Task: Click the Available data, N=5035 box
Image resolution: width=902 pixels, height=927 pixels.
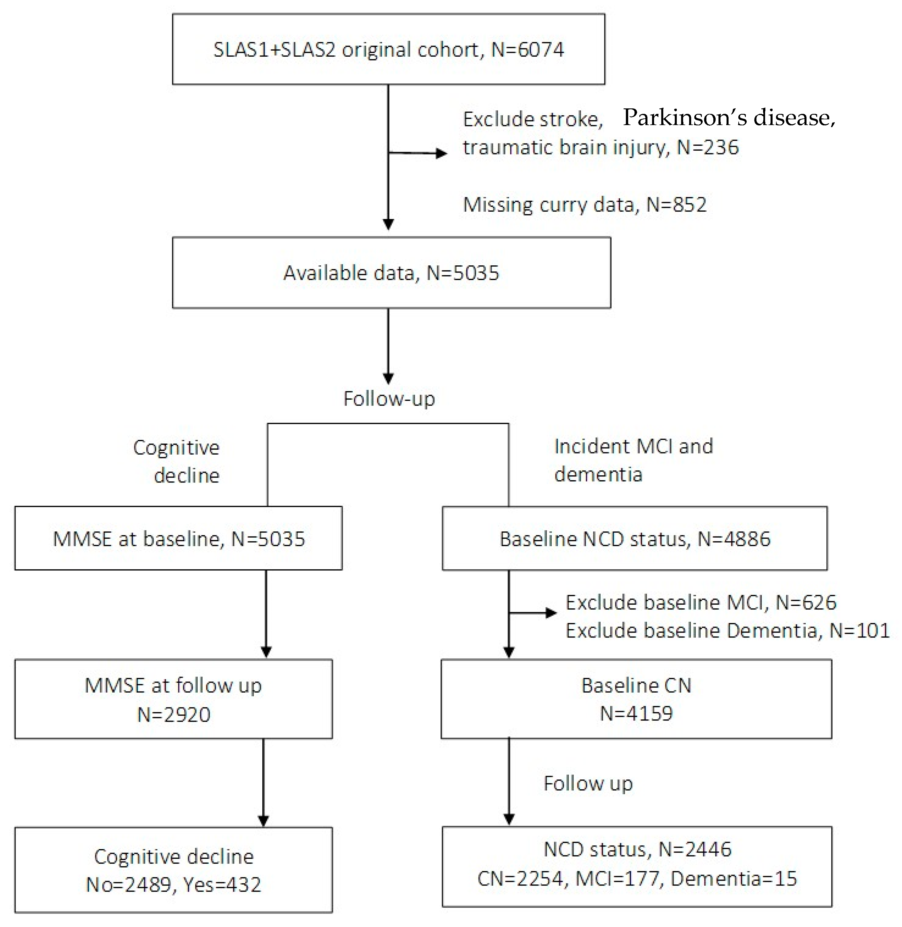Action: [391, 273]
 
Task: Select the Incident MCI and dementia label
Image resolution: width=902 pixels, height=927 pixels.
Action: [633, 460]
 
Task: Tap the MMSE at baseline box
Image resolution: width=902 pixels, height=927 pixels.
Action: [179, 539]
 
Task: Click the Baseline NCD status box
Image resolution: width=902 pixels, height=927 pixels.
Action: [635, 539]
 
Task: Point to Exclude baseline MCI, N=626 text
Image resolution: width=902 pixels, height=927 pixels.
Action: [701, 603]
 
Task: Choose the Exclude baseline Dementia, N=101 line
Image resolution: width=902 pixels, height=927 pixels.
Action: [727, 631]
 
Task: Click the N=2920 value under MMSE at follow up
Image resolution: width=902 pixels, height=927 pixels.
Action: [174, 714]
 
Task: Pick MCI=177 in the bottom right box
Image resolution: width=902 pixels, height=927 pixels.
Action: [616, 879]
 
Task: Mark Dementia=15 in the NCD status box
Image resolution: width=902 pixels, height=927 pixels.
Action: [733, 879]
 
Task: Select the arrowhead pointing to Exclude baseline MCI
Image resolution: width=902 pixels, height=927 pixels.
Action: [551, 613]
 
